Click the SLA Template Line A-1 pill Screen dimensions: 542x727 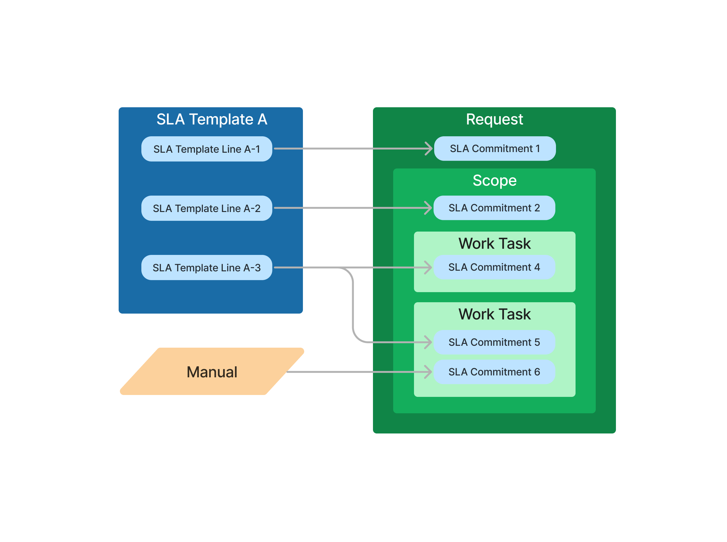point(207,149)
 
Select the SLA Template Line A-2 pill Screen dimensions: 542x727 point(207,208)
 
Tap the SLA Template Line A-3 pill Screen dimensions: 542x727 point(207,268)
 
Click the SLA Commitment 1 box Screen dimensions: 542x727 point(495,149)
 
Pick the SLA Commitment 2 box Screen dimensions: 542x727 point(494,208)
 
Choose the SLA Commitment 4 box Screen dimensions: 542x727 point(494,268)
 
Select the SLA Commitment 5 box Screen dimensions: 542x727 point(494,342)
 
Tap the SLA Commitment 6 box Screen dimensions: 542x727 point(494,372)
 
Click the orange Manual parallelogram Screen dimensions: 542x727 point(212,372)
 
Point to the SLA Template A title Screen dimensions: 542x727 point(212,119)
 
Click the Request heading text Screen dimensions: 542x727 point(494,119)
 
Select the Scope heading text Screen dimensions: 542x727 point(494,180)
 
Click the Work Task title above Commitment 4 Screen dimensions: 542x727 point(494,244)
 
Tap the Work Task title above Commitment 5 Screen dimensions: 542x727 point(494,314)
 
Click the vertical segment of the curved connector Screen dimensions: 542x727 point(353,305)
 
